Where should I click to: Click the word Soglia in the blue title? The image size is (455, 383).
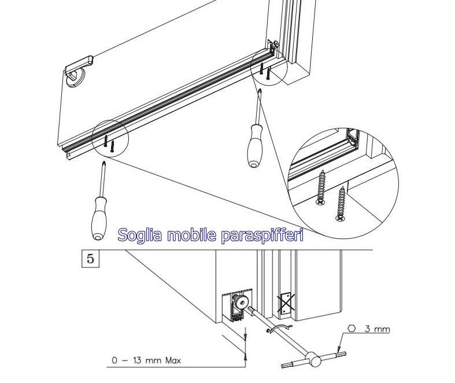coord(139,235)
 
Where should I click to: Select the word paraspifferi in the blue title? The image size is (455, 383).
coord(262,236)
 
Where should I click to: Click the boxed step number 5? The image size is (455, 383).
coord(91,259)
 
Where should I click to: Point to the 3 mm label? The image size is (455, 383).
coord(377,329)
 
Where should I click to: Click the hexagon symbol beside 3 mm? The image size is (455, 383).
coord(352,329)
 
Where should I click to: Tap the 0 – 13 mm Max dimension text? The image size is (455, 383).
coord(146,360)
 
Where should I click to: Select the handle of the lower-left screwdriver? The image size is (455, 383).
coord(99,218)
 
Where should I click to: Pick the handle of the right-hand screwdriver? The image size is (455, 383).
coord(255,146)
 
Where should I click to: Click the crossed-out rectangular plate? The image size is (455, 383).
coord(286,304)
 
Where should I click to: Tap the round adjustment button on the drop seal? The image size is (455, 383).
coord(241,303)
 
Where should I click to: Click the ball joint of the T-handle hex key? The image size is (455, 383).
coord(313,359)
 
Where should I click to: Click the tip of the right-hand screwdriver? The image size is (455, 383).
coord(260,90)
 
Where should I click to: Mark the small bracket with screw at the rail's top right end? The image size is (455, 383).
coord(273,46)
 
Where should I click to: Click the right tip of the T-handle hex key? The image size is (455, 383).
coord(345,353)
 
